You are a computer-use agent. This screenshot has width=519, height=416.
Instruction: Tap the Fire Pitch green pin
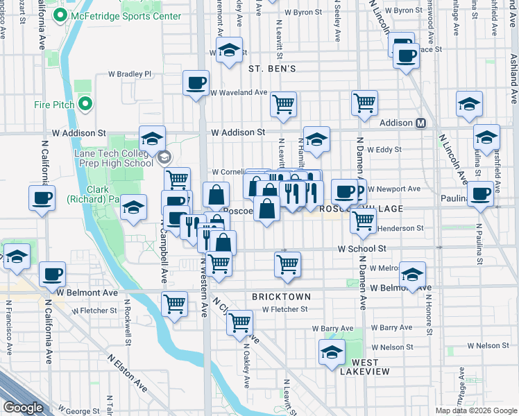tap(86, 105)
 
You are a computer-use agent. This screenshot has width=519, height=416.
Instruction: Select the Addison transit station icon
tap(420, 123)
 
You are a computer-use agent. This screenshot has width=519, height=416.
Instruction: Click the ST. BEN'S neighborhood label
tap(272, 69)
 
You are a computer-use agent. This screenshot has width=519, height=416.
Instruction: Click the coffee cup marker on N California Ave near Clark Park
tap(42, 199)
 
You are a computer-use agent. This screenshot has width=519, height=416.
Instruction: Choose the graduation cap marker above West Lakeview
tap(332, 353)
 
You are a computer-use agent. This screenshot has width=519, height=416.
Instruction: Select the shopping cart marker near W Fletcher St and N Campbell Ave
tap(174, 303)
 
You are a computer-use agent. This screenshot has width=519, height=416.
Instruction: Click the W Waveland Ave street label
tap(239, 92)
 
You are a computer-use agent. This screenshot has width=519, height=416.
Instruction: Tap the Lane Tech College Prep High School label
tap(113, 158)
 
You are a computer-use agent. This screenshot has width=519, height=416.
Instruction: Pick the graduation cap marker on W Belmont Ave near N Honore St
tap(413, 275)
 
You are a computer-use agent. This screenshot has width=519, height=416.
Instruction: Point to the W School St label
tap(361, 248)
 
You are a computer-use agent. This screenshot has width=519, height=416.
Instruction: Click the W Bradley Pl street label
tap(130, 74)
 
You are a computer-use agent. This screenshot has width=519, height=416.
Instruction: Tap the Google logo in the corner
tap(24, 408)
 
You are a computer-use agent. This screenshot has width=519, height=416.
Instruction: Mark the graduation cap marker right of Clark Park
tap(133, 208)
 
